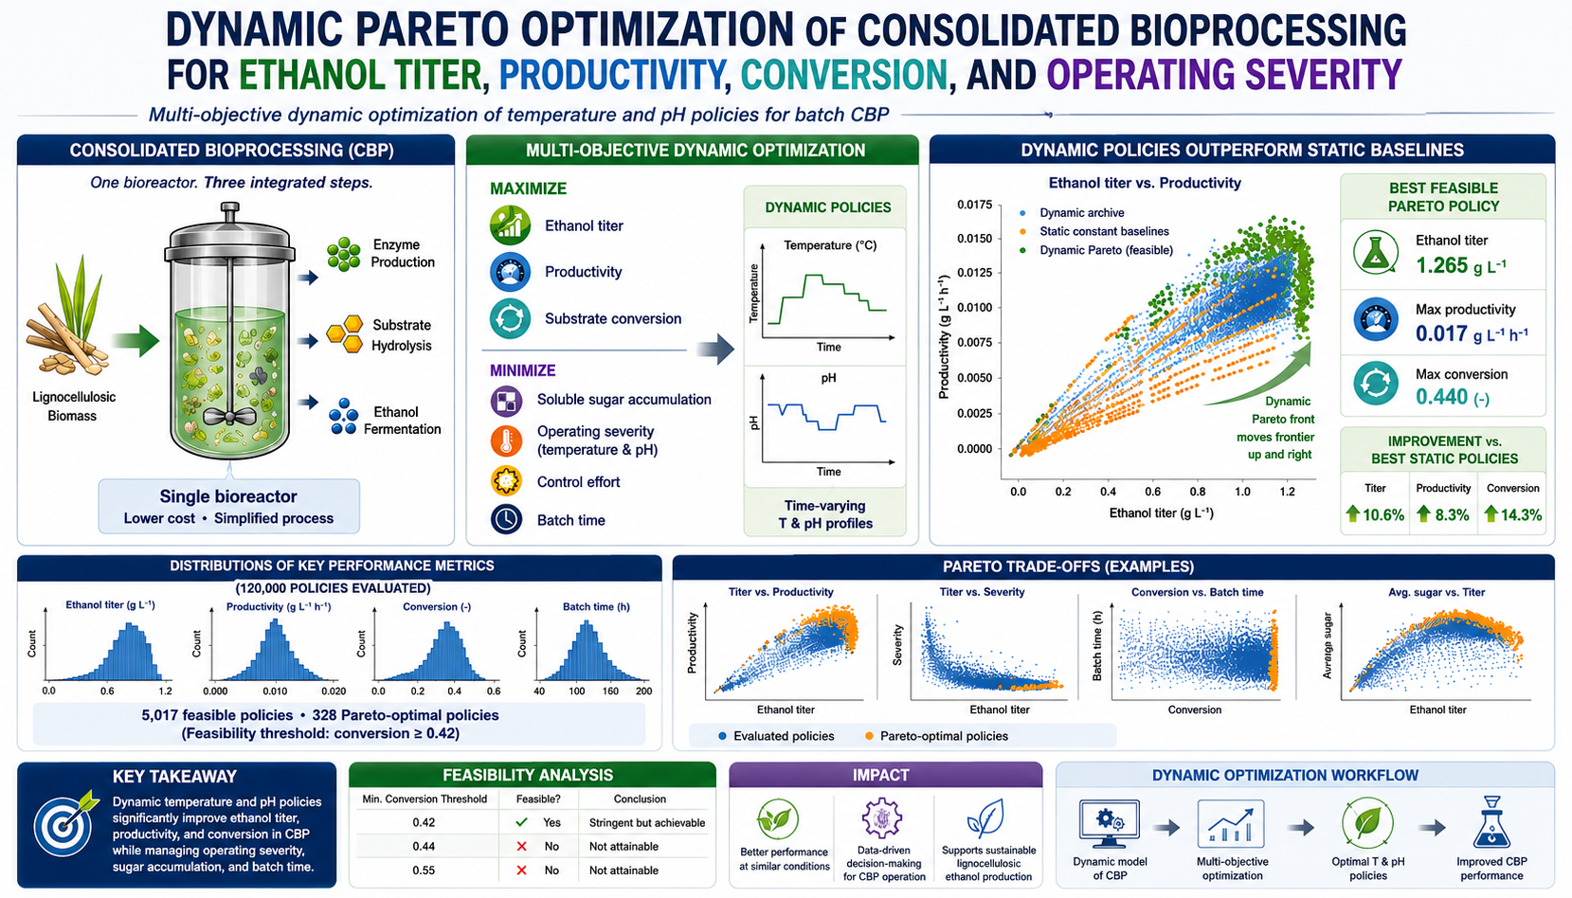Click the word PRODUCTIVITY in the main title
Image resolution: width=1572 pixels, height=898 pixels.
pos(610,75)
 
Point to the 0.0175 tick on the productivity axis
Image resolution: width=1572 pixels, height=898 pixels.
pos(975,205)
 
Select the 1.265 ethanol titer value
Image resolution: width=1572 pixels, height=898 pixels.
pos(1441,266)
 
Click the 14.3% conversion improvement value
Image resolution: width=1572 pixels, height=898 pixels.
pos(1522,515)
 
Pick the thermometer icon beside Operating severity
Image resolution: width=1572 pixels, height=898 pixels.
pos(506,440)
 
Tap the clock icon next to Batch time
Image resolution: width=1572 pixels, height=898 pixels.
pos(506,520)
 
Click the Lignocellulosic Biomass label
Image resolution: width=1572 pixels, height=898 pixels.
pos(73,406)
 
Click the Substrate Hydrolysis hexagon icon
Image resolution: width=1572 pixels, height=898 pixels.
pos(345,334)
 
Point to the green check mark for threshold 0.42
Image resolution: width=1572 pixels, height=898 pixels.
pos(521,822)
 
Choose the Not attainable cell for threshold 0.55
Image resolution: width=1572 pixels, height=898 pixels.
pos(623,871)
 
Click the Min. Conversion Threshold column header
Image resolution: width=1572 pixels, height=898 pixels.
pos(425,799)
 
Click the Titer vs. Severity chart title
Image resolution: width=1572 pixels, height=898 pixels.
pos(982,592)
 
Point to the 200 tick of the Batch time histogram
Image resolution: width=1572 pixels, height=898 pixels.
pos(643,691)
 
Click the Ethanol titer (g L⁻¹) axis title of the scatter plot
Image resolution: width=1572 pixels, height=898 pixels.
pos(1161,512)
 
